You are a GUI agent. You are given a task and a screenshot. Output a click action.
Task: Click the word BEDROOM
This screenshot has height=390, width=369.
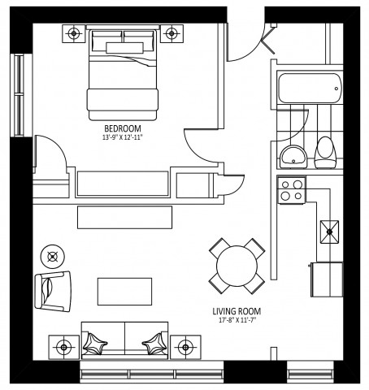(x=124, y=128)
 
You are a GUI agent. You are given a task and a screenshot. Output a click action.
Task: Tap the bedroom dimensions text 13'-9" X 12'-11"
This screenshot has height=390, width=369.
(x=124, y=137)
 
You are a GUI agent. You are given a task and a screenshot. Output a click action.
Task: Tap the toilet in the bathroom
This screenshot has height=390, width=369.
(x=326, y=151)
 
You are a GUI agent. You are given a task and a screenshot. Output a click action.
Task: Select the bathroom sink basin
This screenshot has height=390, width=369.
(x=291, y=155)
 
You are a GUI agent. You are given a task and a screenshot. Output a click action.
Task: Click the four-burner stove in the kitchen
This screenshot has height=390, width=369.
(x=291, y=191)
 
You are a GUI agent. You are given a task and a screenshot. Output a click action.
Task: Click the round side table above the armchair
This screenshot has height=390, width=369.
(x=53, y=257)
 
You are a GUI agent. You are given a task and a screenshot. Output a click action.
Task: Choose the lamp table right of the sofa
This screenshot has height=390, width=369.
(x=184, y=344)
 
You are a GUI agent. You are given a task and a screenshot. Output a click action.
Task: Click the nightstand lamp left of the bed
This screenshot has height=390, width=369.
(x=74, y=34)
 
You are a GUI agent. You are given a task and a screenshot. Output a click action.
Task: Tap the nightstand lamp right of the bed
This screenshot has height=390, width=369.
(x=171, y=34)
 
